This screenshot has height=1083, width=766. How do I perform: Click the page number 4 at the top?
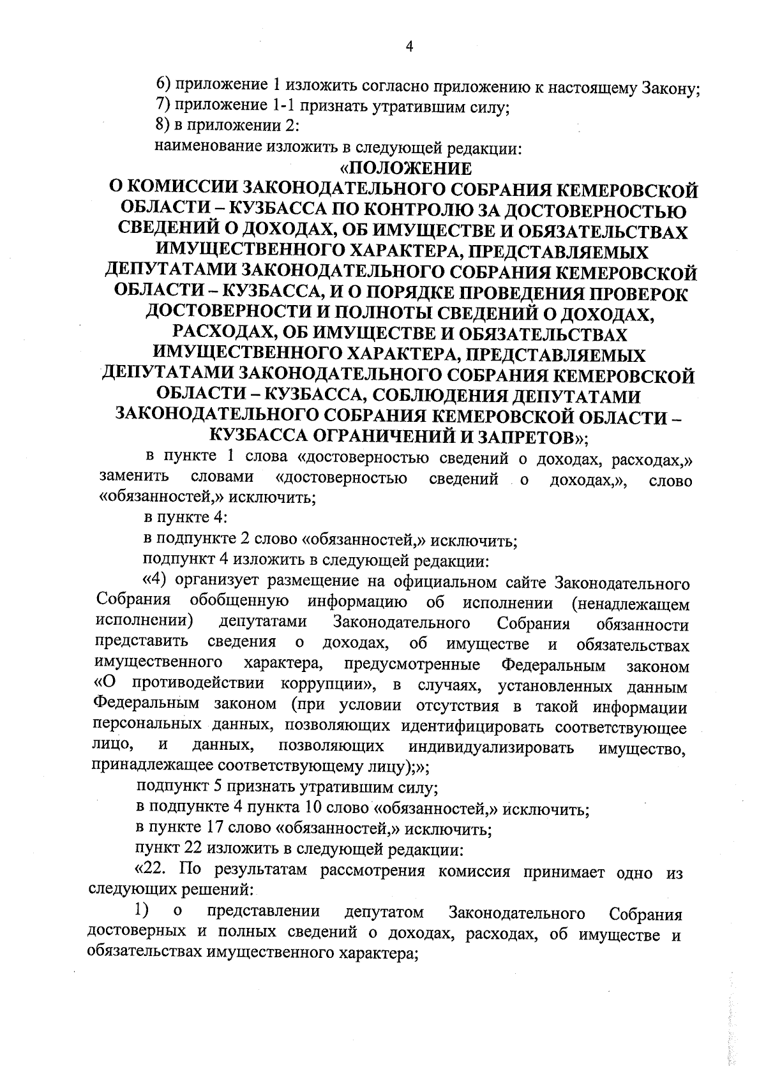click(409, 47)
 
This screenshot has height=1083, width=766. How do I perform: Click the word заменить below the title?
click(133, 477)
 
